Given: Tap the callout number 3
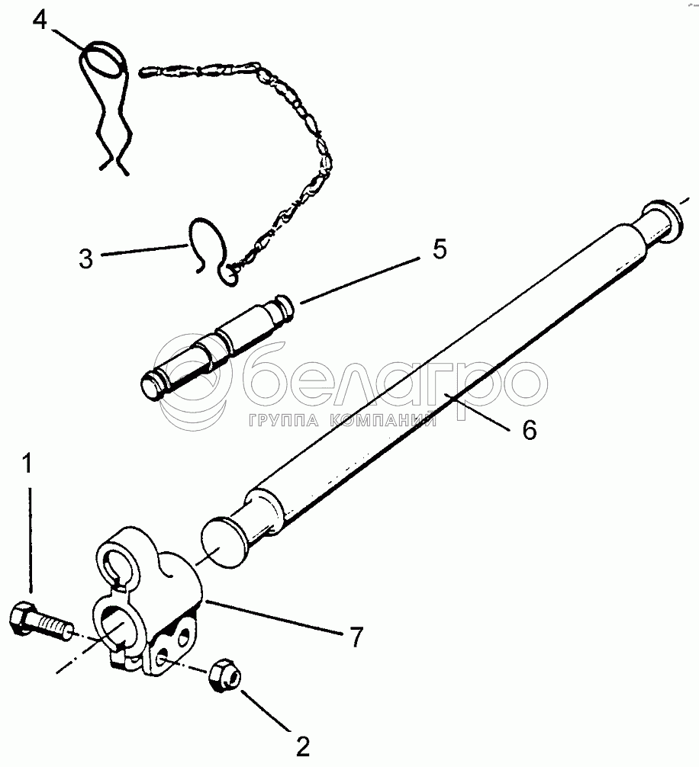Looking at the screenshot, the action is [85, 258].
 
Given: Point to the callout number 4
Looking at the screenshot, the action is [40, 18].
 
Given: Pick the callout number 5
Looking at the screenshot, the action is [440, 249].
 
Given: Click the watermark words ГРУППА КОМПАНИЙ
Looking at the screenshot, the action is [340, 420].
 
